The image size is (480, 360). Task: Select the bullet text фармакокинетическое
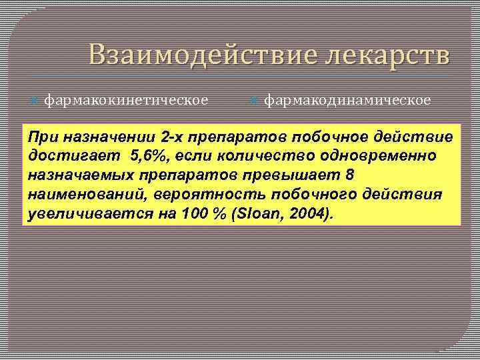(x=126, y=100)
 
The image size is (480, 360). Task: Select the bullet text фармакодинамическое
(x=347, y=100)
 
